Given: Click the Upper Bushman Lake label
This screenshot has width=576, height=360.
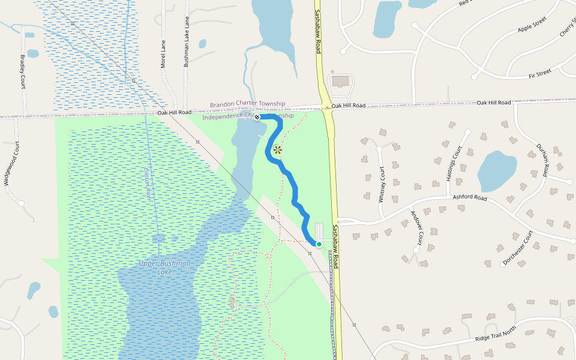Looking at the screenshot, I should (156, 268).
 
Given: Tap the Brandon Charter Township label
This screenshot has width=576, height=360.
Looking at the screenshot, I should (247, 104).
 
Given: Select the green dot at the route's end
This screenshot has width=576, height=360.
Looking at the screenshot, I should (319, 244).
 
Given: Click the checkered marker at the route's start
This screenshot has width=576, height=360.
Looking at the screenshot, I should (257, 117).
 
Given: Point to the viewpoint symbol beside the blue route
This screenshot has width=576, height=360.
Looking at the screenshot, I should (277, 150).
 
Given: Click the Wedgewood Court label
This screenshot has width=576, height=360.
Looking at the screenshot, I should (8, 164).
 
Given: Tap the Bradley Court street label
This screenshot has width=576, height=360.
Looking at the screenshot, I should (23, 71).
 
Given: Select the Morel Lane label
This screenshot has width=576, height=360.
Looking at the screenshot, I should (163, 53).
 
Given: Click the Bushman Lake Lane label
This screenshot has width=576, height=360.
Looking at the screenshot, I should (187, 42).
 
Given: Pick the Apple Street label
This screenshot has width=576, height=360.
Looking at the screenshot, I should (533, 25).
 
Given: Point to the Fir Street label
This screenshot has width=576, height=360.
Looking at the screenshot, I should (540, 74).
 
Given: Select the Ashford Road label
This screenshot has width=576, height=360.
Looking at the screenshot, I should (470, 197).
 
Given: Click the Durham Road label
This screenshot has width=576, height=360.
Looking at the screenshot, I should (543, 160).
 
